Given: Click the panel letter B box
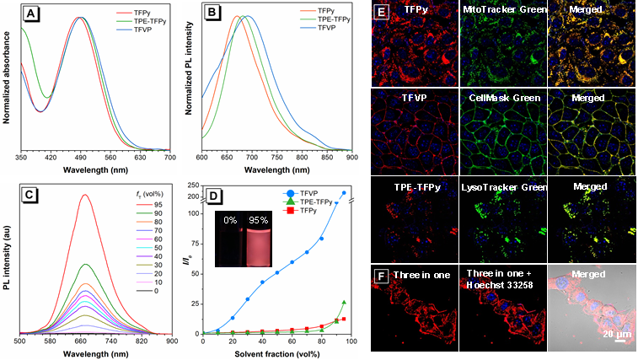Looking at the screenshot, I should click(x=215, y=15).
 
